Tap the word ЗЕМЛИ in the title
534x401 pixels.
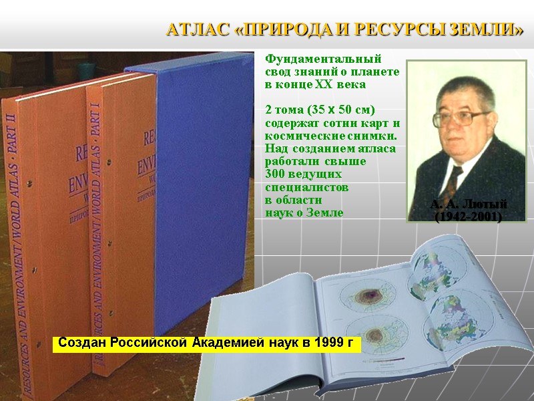493,30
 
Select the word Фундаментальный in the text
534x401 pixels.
323,59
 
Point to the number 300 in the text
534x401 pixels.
276,173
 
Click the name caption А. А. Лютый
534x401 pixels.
468,204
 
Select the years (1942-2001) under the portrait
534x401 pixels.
468,217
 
